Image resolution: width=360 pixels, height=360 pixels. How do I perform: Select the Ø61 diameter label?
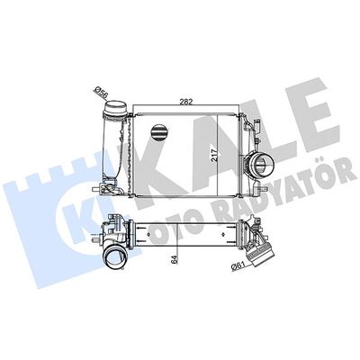[x=238, y=263]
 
